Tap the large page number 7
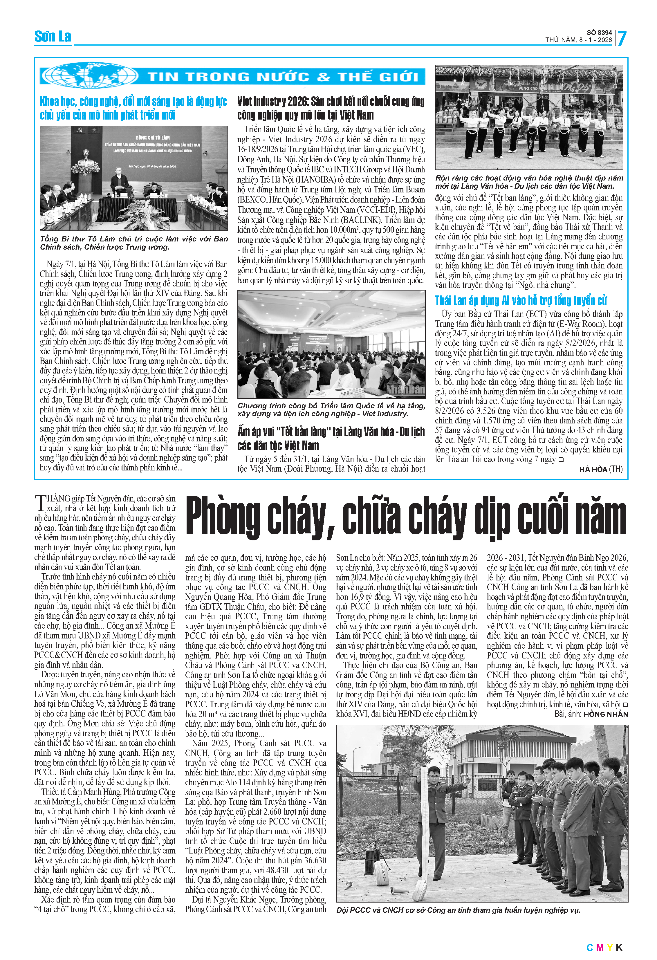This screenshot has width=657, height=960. click(622, 38)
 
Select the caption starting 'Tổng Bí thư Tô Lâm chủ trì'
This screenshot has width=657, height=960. click(134, 243)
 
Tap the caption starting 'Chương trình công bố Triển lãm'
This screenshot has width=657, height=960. click(331, 409)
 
